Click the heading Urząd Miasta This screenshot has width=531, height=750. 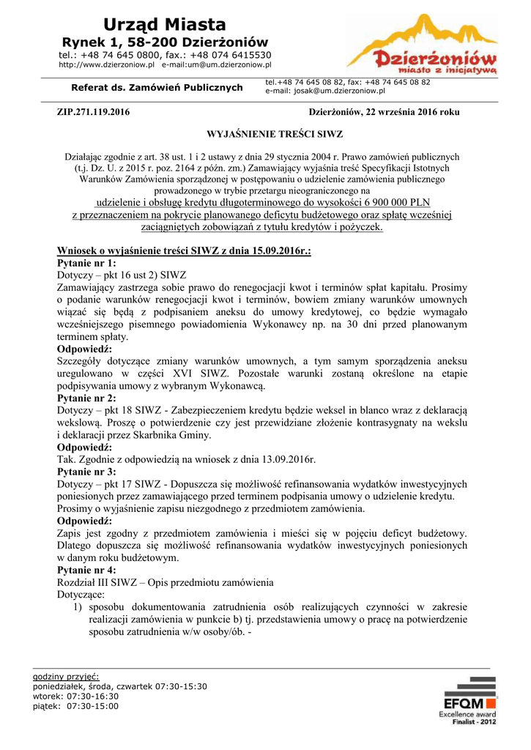165,25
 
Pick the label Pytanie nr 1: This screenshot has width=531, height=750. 86,263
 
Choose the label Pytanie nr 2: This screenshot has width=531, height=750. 86,398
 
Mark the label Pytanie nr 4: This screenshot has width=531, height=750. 86,570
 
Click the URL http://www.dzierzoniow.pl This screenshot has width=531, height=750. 106,64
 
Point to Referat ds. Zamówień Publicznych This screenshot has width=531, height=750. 157,88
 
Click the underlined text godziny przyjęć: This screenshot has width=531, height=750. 66,676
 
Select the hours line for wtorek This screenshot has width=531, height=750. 76,697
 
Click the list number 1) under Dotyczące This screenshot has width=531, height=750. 78,607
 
